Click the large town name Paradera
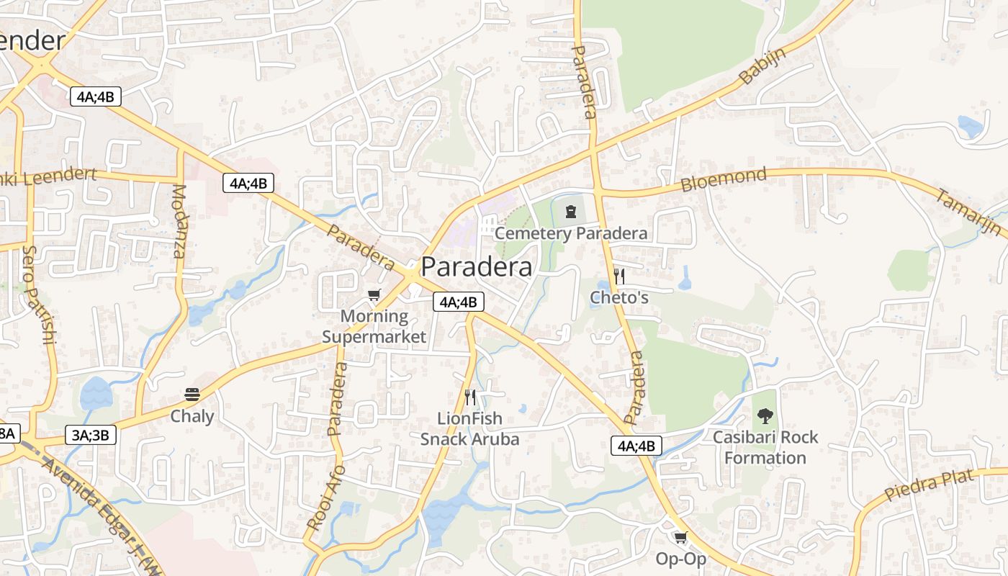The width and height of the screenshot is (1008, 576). pyautogui.click(x=477, y=266)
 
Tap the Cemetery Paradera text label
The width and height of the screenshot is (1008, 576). pyautogui.click(x=571, y=233)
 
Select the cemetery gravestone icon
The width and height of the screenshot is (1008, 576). pyautogui.click(x=571, y=212)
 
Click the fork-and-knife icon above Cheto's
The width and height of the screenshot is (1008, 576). pyautogui.click(x=618, y=276)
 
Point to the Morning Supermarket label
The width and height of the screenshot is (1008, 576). pyautogui.click(x=374, y=326)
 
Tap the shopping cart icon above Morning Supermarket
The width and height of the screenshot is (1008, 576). pyautogui.click(x=374, y=295)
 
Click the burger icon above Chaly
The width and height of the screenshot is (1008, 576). pyautogui.click(x=192, y=395)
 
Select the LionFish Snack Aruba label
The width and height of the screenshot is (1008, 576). pyautogui.click(x=470, y=428)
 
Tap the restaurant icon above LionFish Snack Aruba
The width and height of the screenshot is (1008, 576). pyautogui.click(x=470, y=397)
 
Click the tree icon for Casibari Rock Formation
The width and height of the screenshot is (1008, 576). pyautogui.click(x=765, y=415)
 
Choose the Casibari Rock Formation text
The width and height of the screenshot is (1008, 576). pyautogui.click(x=765, y=447)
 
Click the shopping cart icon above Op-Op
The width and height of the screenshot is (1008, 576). pyautogui.click(x=680, y=537)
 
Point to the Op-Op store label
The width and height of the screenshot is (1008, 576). pyautogui.click(x=680, y=559)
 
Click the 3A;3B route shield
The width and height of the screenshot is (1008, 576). pyautogui.click(x=91, y=435)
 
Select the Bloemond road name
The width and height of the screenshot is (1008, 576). pyautogui.click(x=724, y=179)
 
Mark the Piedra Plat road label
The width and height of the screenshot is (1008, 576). pyautogui.click(x=929, y=485)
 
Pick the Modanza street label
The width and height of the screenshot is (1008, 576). pyautogui.click(x=179, y=221)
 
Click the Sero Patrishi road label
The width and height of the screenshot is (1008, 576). pyautogui.click(x=39, y=295)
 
